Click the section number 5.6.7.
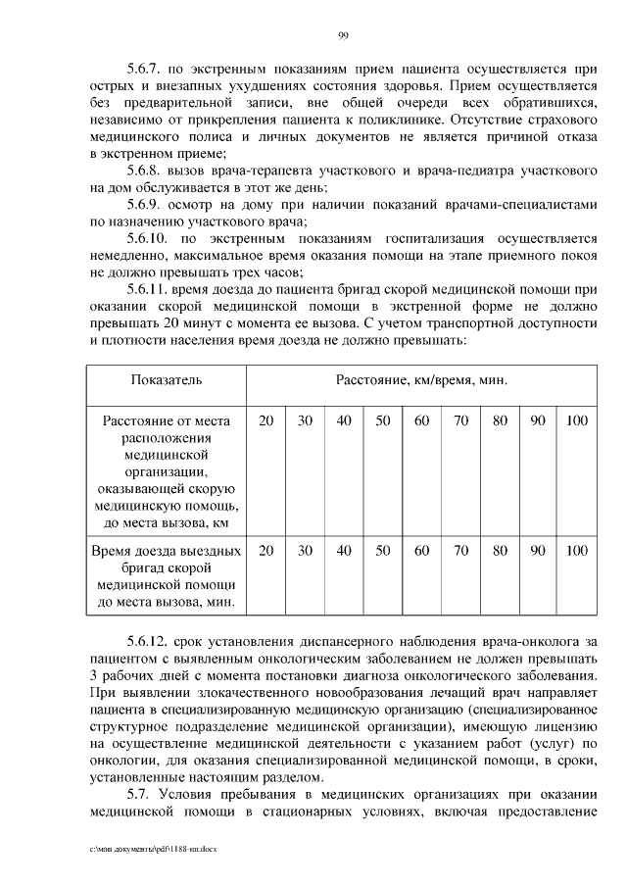(147, 71)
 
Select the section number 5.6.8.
(147, 171)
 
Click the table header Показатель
(166, 378)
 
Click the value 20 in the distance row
(265, 420)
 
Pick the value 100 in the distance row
(577, 420)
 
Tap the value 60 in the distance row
(421, 420)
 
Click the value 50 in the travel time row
(383, 550)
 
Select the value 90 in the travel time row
(538, 550)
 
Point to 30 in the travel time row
(305, 550)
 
